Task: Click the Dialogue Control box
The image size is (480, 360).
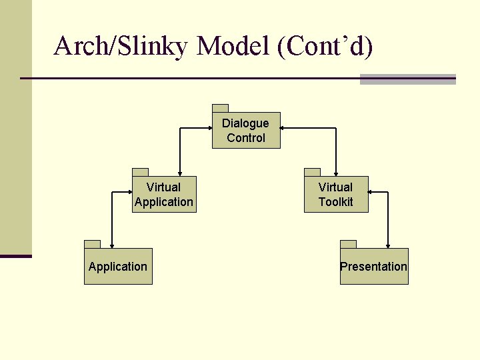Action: pyautogui.click(x=246, y=131)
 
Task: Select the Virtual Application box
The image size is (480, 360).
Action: pyautogui.click(x=164, y=195)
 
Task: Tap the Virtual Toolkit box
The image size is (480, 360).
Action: pyautogui.click(x=336, y=195)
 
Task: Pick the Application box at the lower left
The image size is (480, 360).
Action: pyautogui.click(x=118, y=267)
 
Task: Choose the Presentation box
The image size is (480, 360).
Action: pyautogui.click(x=374, y=267)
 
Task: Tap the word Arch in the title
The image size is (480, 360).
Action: pyautogui.click(x=76, y=47)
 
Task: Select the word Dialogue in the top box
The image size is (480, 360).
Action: pyautogui.click(x=245, y=123)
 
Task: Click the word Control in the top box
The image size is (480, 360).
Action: pyautogui.click(x=245, y=138)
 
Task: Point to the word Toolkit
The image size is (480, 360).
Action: pyautogui.click(x=335, y=202)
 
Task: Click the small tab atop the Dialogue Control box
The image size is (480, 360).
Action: pyautogui.click(x=220, y=108)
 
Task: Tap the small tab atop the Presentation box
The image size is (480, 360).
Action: pyautogui.click(x=348, y=244)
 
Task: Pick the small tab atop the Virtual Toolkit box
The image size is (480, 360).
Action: pyautogui.click(x=312, y=172)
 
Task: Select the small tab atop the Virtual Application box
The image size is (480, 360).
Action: pyautogui.click(x=140, y=172)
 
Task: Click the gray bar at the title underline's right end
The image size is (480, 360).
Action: pyautogui.click(x=407, y=79)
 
